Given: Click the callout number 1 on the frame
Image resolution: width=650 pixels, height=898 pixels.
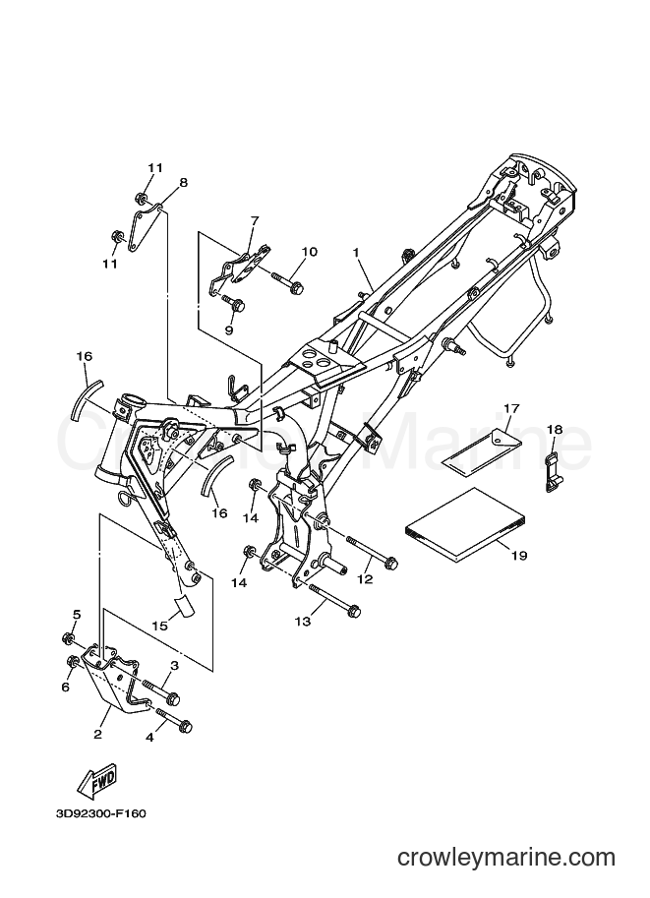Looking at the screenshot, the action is [x=356, y=252].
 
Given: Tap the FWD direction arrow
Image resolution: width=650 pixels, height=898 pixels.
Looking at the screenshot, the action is [x=97, y=780].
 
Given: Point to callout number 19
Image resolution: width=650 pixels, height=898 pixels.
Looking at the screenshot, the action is [x=519, y=555].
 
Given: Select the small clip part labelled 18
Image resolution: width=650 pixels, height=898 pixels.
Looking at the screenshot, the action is [x=552, y=473].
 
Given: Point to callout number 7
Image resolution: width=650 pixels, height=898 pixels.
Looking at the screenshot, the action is [x=255, y=220].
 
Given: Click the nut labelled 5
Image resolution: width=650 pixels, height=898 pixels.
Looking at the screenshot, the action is [x=68, y=637].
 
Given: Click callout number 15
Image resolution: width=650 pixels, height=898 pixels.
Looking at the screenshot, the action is [x=160, y=626].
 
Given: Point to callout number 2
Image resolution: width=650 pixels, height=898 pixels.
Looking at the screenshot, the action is [x=98, y=734].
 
